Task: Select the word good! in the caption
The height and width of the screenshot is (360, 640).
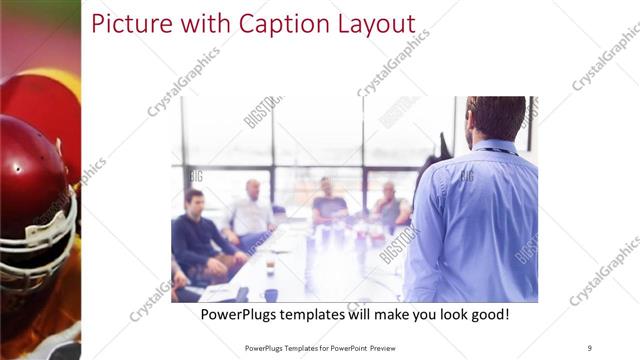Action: (488, 314)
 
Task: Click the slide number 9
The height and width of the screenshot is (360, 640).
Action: (589, 347)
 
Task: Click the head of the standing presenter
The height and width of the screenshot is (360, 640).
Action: (495, 118)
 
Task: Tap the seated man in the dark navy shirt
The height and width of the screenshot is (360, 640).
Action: (195, 235)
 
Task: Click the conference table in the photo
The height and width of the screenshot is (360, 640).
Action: (300, 270)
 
